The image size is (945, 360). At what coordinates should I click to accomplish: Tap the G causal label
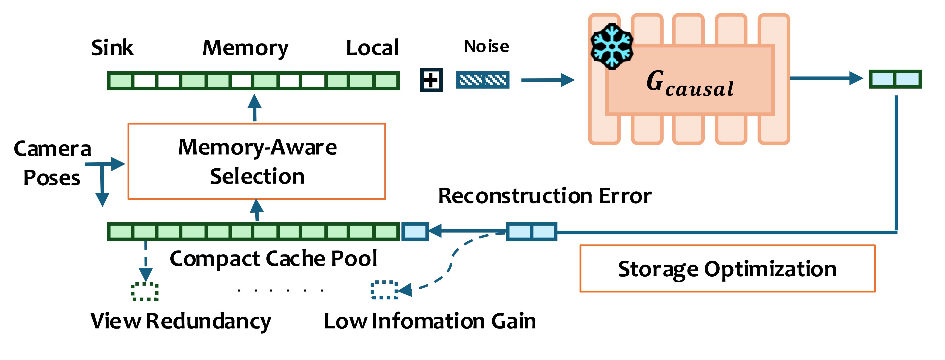click(x=690, y=84)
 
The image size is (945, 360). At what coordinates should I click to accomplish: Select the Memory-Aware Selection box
click(x=257, y=161)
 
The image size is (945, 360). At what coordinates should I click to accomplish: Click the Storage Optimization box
click(x=727, y=269)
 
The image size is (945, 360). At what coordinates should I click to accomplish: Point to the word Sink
click(x=112, y=48)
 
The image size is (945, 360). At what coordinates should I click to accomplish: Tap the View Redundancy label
click(x=180, y=321)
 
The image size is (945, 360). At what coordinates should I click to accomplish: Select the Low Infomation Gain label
click(x=430, y=321)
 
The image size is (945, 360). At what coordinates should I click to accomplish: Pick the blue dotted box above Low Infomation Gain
click(x=384, y=290)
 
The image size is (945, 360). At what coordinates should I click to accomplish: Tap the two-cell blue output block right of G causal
click(x=895, y=79)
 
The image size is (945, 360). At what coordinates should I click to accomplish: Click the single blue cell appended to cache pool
click(x=415, y=232)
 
